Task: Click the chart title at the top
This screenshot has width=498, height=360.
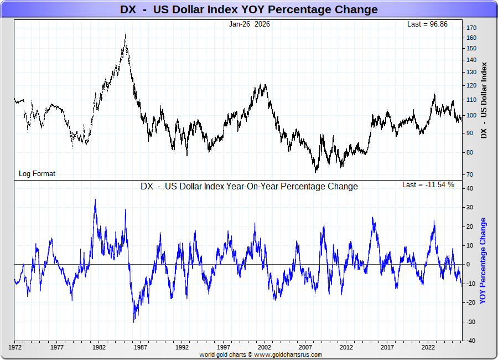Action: click(249, 9)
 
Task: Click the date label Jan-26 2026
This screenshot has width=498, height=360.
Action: click(250, 24)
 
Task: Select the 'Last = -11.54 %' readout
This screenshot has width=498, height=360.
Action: click(428, 185)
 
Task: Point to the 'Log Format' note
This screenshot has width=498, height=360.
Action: click(37, 173)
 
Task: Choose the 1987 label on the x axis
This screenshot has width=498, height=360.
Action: click(141, 348)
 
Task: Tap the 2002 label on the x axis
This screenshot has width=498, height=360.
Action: click(265, 348)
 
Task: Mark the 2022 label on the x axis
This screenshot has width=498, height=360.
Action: click(428, 348)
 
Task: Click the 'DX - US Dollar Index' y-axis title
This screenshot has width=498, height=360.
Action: click(485, 100)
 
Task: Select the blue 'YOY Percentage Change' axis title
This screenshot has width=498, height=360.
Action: click(483, 261)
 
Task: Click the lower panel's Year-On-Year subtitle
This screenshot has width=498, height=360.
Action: click(249, 187)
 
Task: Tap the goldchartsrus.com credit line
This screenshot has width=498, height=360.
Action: click(261, 354)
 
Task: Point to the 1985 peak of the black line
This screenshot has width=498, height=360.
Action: click(126, 34)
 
